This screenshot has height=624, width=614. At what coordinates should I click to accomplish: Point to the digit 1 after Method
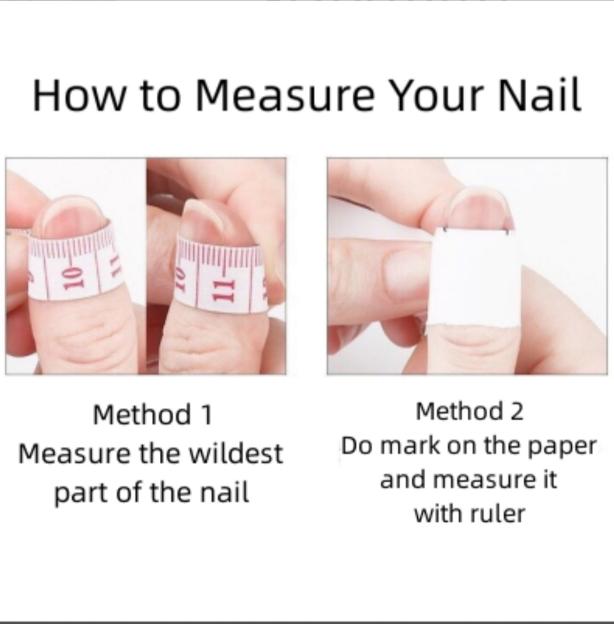tap(207, 414)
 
